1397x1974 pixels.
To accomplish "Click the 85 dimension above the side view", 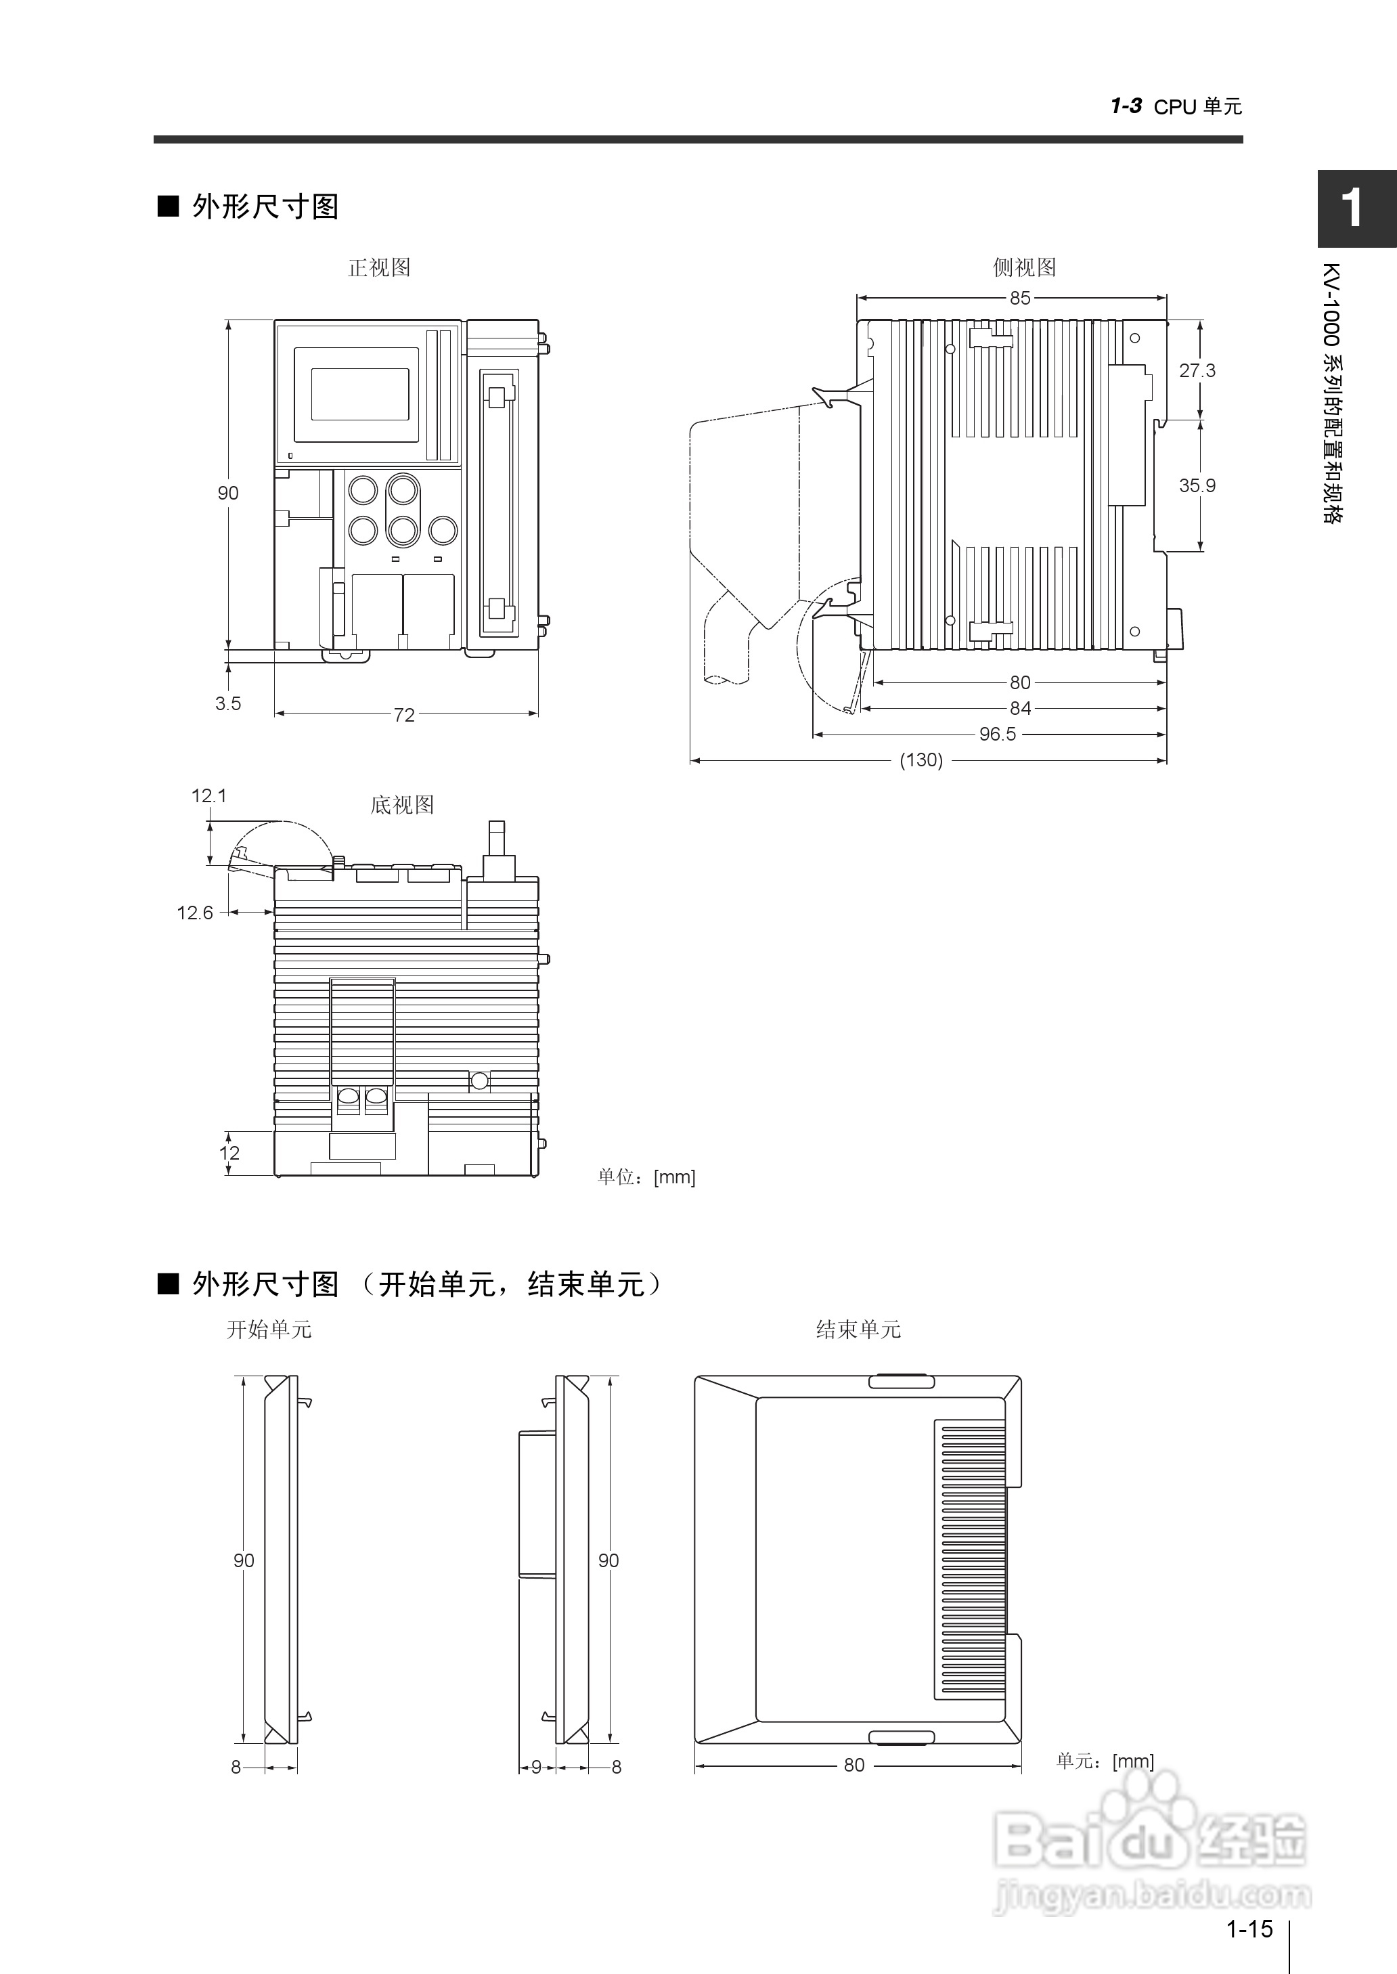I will pyautogui.click(x=1019, y=298).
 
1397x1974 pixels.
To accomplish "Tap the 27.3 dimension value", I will pyautogui.click(x=1197, y=371).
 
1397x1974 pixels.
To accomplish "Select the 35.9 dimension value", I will pyautogui.click(x=1197, y=485).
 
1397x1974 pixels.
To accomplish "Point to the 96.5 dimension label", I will pyautogui.click(x=997, y=734).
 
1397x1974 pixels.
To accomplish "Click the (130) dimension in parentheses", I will pyautogui.click(x=921, y=760).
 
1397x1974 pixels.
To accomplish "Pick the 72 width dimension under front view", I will pyautogui.click(x=404, y=715).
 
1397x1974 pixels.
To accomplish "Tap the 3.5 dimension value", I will pyautogui.click(x=228, y=703).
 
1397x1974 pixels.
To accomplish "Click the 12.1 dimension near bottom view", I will pyautogui.click(x=209, y=795).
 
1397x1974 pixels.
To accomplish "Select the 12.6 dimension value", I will pyautogui.click(x=196, y=913).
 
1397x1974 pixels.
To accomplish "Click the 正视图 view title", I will pyautogui.click(x=379, y=267).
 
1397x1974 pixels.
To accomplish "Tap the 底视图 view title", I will pyautogui.click(x=402, y=805).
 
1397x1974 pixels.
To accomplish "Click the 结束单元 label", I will pyautogui.click(x=858, y=1330).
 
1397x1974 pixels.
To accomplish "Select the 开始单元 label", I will pyautogui.click(x=269, y=1330).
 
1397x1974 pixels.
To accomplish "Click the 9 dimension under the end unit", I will pyautogui.click(x=537, y=1767).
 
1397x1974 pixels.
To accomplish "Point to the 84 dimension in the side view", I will pyautogui.click(x=1020, y=708).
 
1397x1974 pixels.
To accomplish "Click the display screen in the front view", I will pyautogui.click(x=359, y=394).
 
